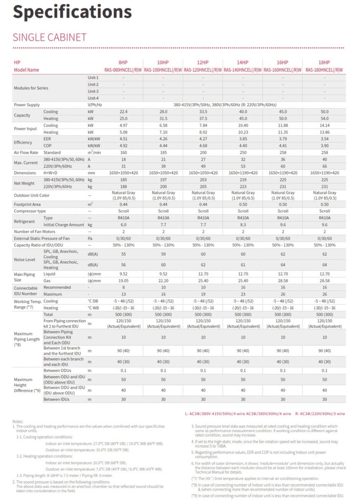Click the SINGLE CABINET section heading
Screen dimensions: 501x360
click(49, 38)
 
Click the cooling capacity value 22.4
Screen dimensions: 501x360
click(123, 112)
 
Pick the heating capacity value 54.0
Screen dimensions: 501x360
click(324, 118)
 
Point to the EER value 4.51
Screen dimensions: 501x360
click(123, 139)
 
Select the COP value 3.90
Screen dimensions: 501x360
click(324, 146)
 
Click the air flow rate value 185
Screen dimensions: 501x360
click(163, 153)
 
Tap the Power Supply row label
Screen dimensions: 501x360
click(27, 105)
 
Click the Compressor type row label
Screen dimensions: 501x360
click(30, 211)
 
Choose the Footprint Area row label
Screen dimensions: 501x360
click(27, 204)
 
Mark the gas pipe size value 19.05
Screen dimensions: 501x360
click(123, 281)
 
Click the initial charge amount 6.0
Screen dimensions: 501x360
click(123, 225)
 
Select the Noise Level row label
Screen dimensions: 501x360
click(24, 259)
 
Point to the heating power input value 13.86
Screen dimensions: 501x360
click(324, 132)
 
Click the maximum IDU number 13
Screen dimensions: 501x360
click(123, 295)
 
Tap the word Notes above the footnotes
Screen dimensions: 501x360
click(18, 421)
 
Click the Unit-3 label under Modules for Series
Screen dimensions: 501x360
click(93, 91)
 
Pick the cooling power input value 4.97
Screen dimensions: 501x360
click(123, 125)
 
